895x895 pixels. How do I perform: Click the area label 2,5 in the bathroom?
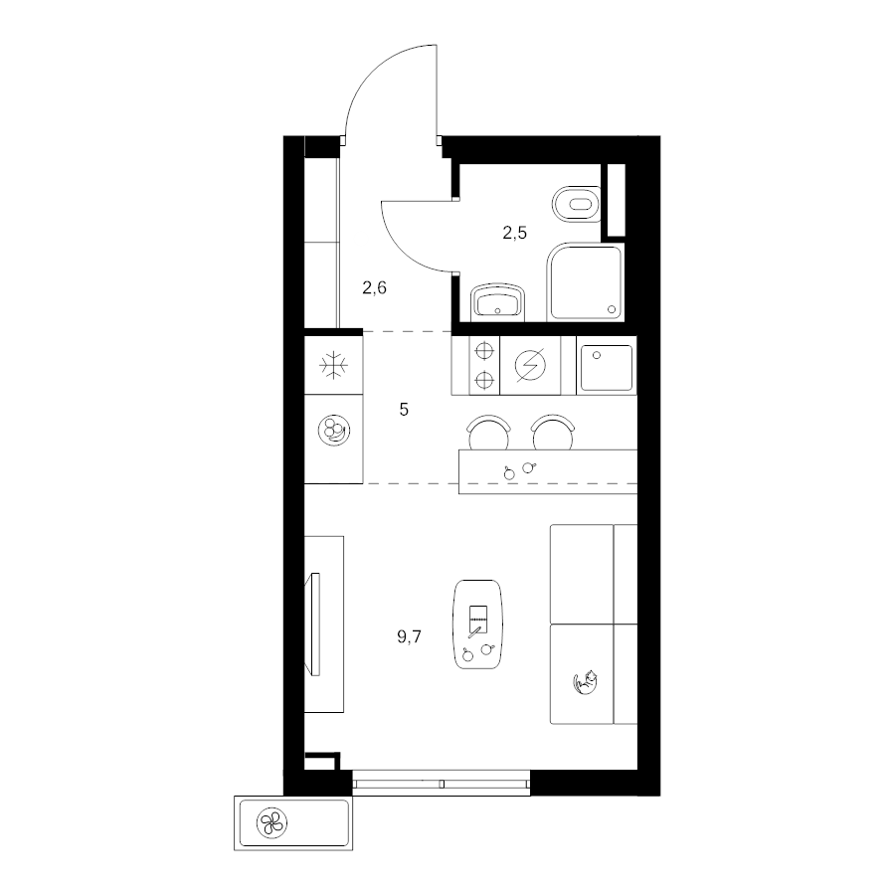tap(514, 233)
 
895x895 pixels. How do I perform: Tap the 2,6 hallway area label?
tap(375, 287)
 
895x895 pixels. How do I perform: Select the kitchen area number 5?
tap(404, 410)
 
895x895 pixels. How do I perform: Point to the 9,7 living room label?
tap(410, 636)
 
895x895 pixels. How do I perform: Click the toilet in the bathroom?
tap(577, 204)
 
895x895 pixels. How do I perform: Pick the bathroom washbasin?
tap(498, 300)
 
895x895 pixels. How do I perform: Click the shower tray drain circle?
tap(612, 309)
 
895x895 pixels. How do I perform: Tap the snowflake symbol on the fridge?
tap(333, 365)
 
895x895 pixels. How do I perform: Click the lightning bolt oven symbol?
tap(530, 364)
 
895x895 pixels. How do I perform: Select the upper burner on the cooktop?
tap(484, 350)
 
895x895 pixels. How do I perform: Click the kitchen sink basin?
tap(607, 368)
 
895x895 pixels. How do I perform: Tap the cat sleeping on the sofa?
tap(585, 681)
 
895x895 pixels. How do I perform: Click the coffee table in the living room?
tap(477, 625)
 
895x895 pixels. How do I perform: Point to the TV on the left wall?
tap(313, 624)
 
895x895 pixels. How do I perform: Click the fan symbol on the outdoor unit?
tap(271, 822)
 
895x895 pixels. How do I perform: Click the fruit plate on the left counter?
tap(334, 430)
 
